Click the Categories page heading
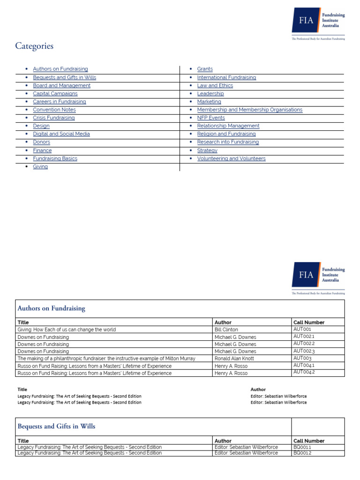(x=34, y=46)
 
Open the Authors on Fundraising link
(x=60, y=69)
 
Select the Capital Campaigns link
(x=55, y=93)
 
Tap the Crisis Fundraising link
(x=53, y=118)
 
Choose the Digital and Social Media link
(x=61, y=134)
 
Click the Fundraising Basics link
(x=55, y=158)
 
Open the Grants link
(x=205, y=69)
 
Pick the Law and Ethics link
(x=215, y=85)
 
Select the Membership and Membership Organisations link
(x=249, y=110)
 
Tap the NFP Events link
(x=211, y=118)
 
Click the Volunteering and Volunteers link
(x=231, y=158)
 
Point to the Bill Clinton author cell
(x=226, y=330)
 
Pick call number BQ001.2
(x=302, y=453)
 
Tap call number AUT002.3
(x=304, y=351)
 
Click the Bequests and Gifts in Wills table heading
(x=56, y=426)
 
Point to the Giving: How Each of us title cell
(x=67, y=330)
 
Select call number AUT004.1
(x=304, y=365)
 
